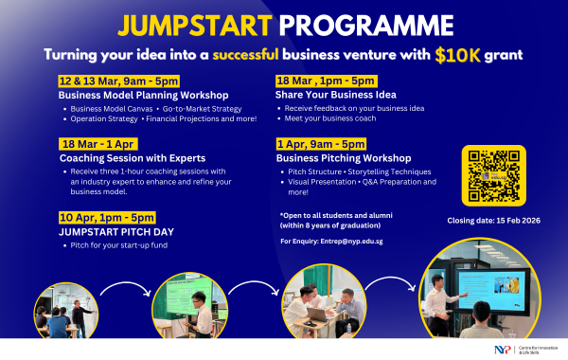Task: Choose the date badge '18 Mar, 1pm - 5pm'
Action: tap(326, 81)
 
